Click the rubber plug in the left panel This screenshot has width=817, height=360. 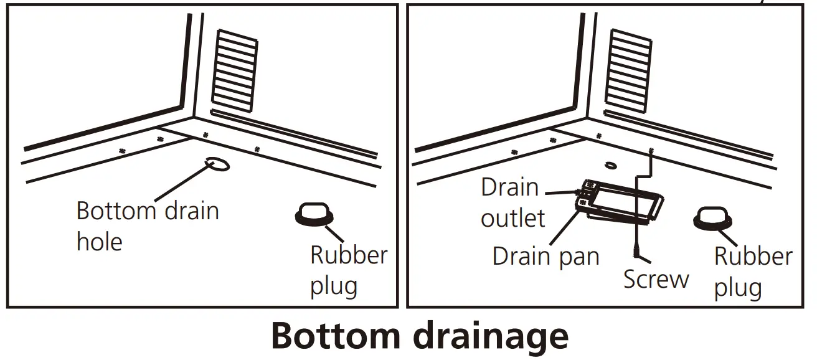pos(313,214)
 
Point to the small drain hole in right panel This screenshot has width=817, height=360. pos(610,165)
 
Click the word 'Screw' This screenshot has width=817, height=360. pos(656,279)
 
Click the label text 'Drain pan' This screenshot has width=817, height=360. pos(545,256)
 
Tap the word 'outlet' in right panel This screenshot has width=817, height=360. pos(512,218)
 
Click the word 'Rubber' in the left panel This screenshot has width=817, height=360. pos(349,255)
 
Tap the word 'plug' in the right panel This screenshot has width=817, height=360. pos(737,288)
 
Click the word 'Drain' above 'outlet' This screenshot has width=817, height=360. pos(509,187)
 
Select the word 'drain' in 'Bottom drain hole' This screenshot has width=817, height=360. pos(191,210)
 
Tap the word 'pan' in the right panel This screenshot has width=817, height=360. pos(579,257)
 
